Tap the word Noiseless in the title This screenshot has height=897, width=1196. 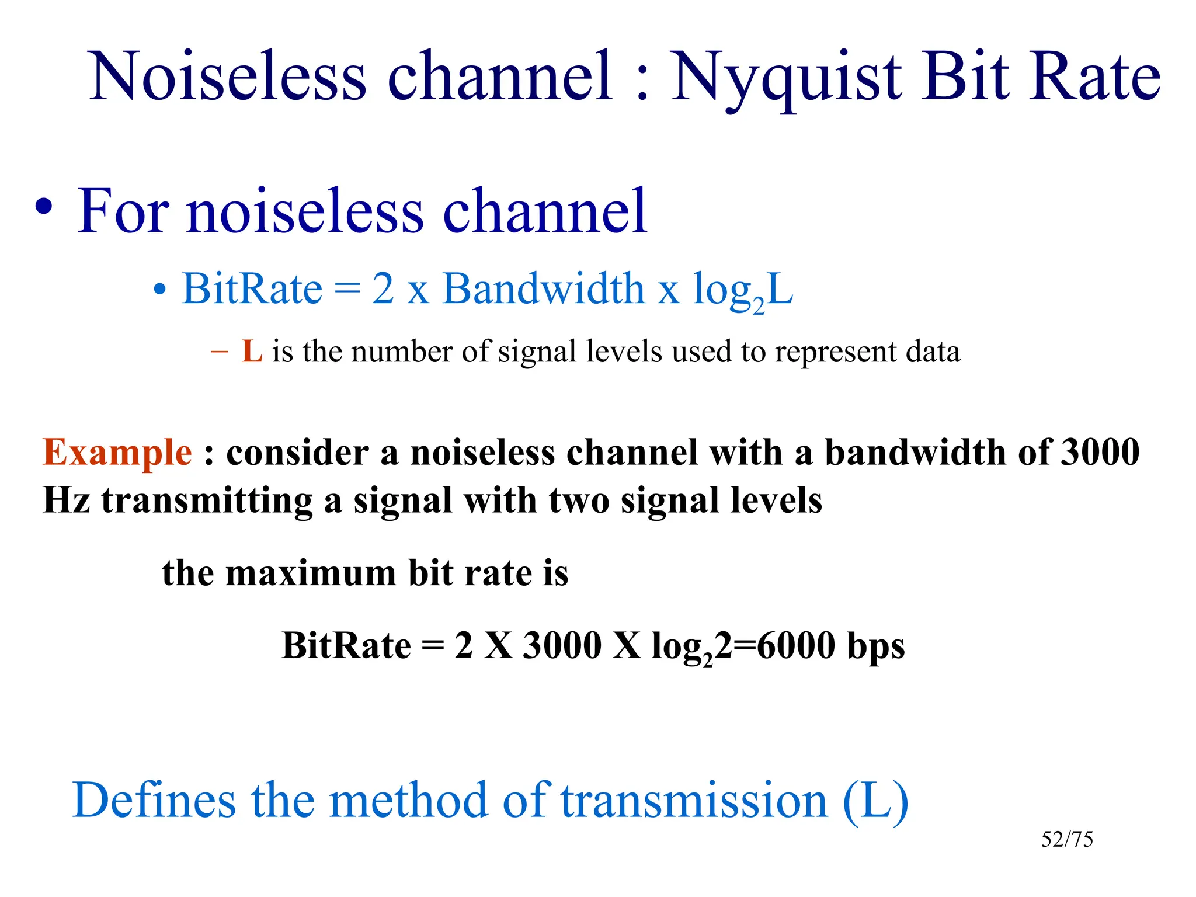228,77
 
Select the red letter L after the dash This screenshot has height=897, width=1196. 252,352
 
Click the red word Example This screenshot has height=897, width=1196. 117,453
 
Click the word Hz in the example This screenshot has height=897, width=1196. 66,500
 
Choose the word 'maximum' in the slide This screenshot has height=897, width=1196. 311,573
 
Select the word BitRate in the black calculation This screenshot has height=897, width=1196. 346,645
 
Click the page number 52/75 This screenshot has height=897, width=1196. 1066,839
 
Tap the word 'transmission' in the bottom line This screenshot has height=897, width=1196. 694,800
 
